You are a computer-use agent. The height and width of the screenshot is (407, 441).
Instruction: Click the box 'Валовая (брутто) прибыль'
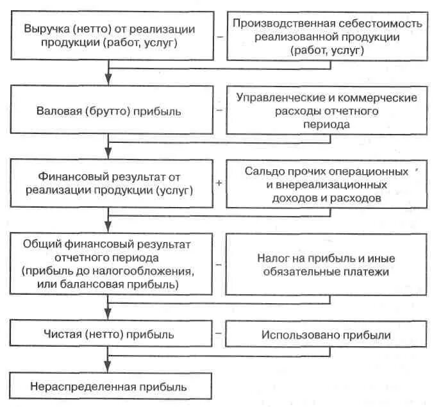click(x=109, y=111)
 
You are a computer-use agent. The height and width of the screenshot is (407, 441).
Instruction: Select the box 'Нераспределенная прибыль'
click(x=109, y=386)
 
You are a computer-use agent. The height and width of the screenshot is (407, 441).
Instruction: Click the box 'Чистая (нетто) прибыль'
click(x=109, y=334)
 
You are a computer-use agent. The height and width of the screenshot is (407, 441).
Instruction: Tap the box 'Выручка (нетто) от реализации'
click(x=109, y=37)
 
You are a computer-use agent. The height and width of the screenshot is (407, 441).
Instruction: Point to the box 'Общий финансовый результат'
click(x=109, y=263)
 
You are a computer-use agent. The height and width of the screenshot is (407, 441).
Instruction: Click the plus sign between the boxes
click(x=219, y=183)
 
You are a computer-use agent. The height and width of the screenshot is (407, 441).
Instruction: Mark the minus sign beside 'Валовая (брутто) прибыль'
click(x=219, y=110)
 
